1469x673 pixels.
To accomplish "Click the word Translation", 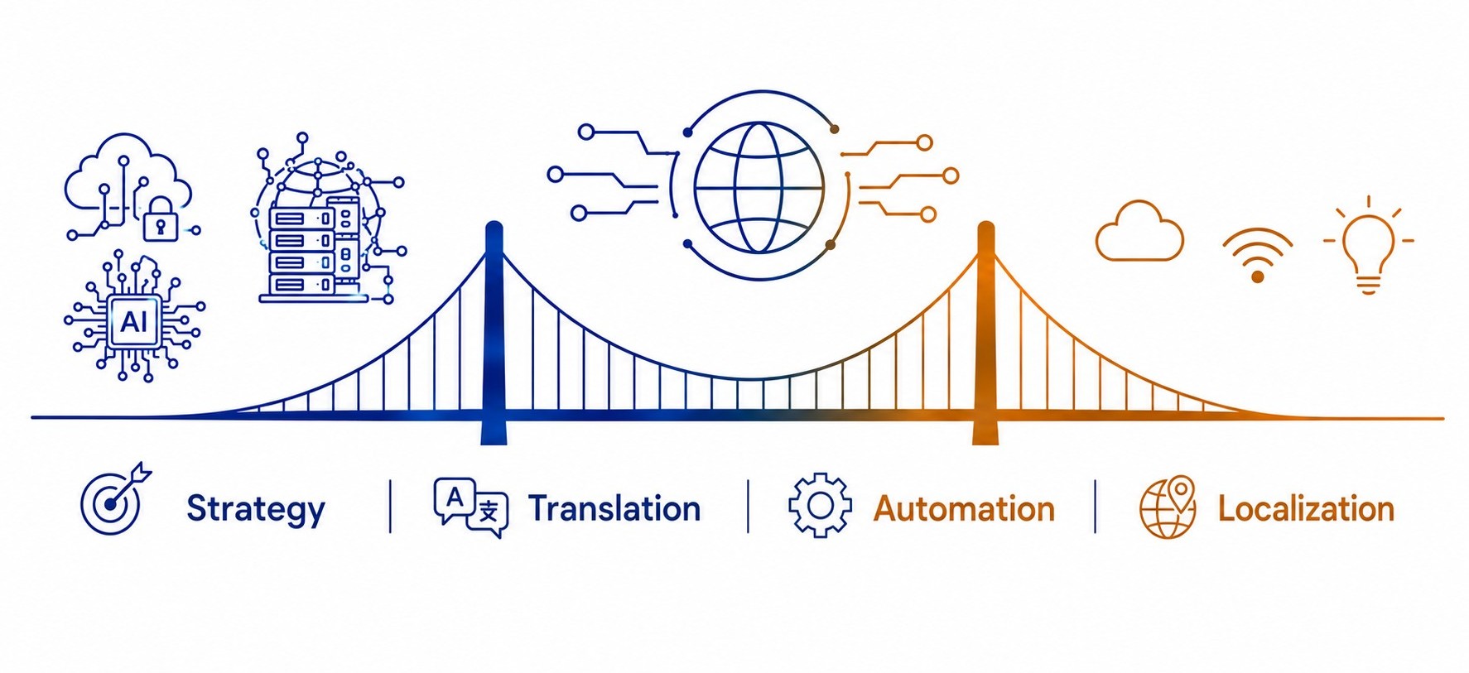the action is pyautogui.click(x=614, y=508).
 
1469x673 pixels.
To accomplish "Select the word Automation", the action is pyautogui.click(x=964, y=509).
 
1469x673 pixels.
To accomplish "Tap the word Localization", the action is pyautogui.click(x=1306, y=509).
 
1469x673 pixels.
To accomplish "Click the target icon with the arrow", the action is pyautogui.click(x=115, y=498).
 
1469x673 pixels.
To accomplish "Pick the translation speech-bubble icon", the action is pyautogui.click(x=470, y=507).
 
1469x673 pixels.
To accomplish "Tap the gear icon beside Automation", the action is pyautogui.click(x=820, y=506).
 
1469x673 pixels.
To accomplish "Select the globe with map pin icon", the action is pyautogui.click(x=1168, y=507).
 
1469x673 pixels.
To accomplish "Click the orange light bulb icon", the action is pyautogui.click(x=1368, y=246).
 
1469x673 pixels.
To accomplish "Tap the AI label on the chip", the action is pyautogui.click(x=134, y=321).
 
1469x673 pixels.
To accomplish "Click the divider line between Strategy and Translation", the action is pyautogui.click(x=390, y=506).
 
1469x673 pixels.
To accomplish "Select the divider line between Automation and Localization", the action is pyautogui.click(x=1095, y=506).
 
